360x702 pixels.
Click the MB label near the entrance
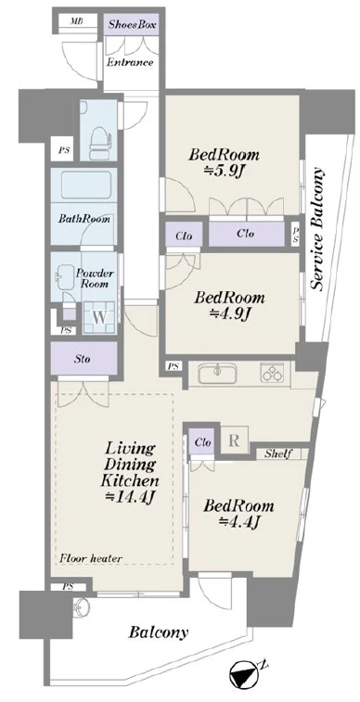(x=77, y=21)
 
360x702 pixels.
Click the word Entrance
(x=130, y=62)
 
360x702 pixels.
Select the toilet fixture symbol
(x=99, y=141)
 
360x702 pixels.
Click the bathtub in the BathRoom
(x=86, y=185)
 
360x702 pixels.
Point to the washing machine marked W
(x=100, y=318)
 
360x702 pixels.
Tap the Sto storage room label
(x=84, y=359)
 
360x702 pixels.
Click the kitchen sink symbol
(x=218, y=373)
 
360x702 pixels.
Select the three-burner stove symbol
(x=273, y=373)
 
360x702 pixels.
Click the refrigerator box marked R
(x=234, y=440)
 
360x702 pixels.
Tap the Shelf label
(x=278, y=454)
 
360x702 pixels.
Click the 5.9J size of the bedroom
(x=224, y=171)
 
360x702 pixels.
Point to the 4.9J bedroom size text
(x=229, y=313)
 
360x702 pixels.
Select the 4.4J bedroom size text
(x=239, y=521)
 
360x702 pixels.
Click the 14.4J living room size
(x=129, y=496)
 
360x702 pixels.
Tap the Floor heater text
(x=91, y=558)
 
